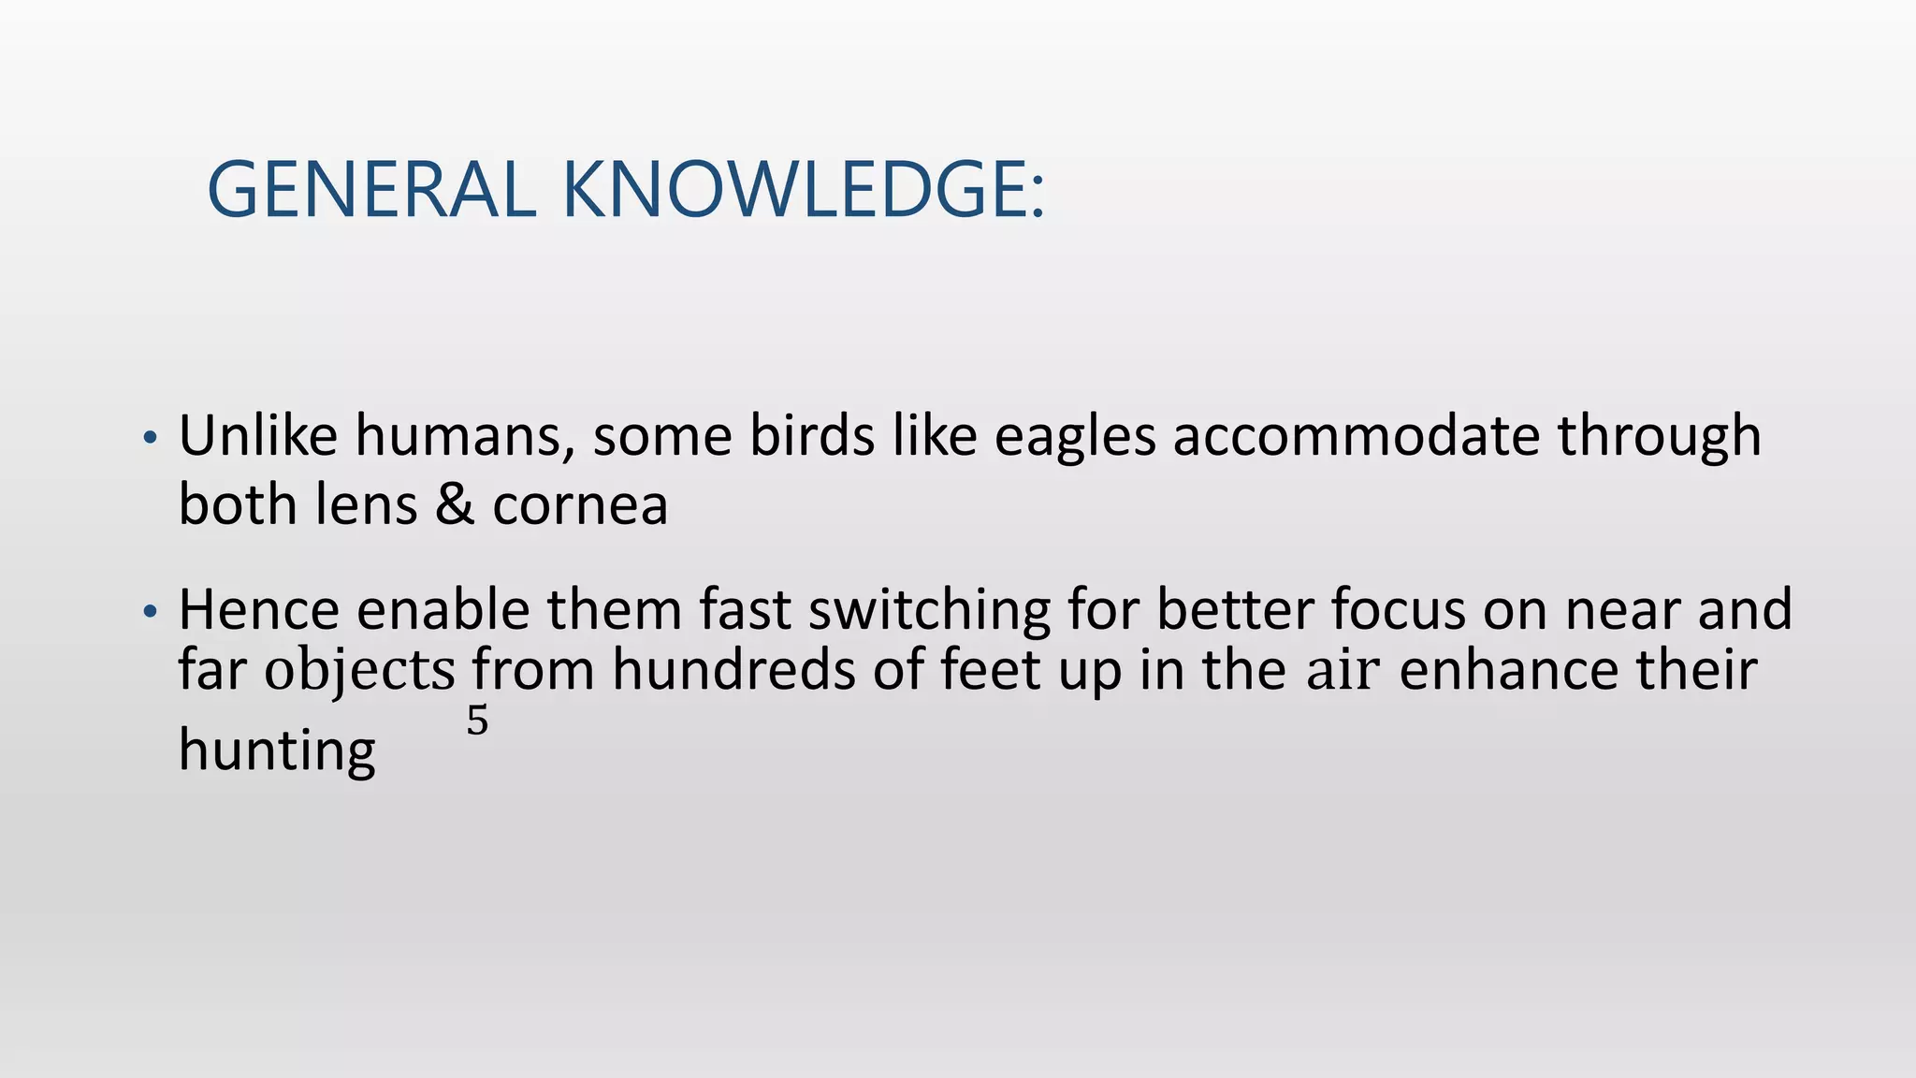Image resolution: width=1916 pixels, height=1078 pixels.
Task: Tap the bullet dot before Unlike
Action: coord(150,438)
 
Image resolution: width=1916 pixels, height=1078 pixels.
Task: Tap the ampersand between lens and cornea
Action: coord(455,505)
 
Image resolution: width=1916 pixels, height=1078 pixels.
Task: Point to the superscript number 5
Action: coord(477,721)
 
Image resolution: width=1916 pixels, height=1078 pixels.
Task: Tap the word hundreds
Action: coord(733,671)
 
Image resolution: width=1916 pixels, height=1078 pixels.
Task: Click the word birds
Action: coord(812,436)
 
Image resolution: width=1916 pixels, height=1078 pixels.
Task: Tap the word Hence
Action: coord(259,610)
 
